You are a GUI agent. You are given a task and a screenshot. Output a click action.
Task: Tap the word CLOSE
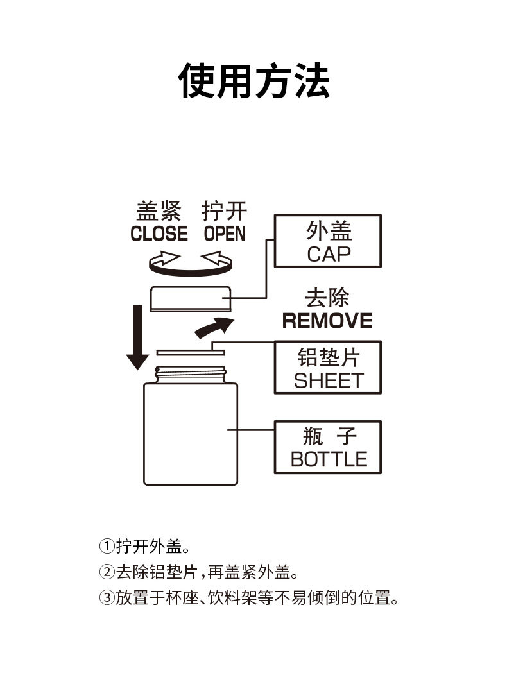(x=159, y=234)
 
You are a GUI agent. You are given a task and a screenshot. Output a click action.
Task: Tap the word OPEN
(x=225, y=234)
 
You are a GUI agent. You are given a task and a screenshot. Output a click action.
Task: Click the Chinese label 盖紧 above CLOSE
(x=159, y=211)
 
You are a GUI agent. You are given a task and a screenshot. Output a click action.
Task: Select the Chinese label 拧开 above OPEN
(x=225, y=211)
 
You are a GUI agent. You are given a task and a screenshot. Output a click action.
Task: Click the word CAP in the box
(x=329, y=254)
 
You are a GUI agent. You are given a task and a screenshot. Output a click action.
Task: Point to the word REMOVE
(x=327, y=320)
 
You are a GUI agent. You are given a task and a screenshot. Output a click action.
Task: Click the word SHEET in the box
(x=329, y=380)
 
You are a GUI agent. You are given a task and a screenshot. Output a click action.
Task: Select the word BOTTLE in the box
(x=329, y=459)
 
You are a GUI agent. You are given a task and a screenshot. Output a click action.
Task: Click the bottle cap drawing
(x=191, y=299)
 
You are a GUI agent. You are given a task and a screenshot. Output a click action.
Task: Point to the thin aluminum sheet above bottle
(x=191, y=352)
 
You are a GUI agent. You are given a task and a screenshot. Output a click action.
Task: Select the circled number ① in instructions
(x=107, y=547)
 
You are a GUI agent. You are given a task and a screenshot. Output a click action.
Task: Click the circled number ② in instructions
(x=107, y=572)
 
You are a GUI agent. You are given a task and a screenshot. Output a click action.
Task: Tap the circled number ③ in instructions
(x=107, y=598)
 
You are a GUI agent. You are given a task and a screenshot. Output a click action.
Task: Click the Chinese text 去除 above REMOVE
(x=327, y=299)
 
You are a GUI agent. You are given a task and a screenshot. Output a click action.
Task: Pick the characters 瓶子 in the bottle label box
(x=329, y=438)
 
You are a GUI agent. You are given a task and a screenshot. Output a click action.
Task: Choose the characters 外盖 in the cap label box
(x=329, y=231)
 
